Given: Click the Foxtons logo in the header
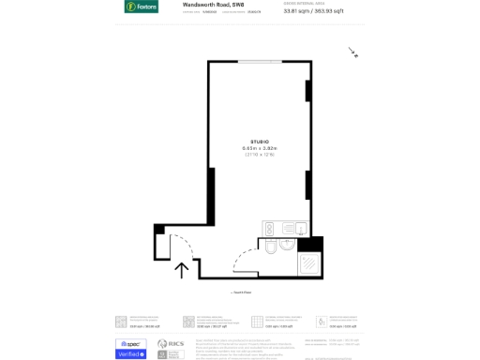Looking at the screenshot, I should coord(141,7).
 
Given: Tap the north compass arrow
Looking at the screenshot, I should coord(352,52).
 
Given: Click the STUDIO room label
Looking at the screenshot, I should coord(260,142).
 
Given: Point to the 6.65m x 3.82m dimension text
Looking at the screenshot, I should coord(260,148).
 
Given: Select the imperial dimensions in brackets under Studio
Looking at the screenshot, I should coord(260,155).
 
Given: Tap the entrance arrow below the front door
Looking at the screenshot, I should coord(182,270).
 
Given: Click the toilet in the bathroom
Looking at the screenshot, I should coord(269,247).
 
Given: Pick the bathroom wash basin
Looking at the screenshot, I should coord(287,245).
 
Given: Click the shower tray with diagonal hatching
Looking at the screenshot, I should coord(310,264).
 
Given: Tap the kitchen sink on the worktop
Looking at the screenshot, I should coord(300,229).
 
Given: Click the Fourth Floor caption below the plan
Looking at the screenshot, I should coord(241,292).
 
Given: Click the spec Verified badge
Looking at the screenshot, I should coord(130,349).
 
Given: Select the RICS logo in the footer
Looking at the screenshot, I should coord(170,346).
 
